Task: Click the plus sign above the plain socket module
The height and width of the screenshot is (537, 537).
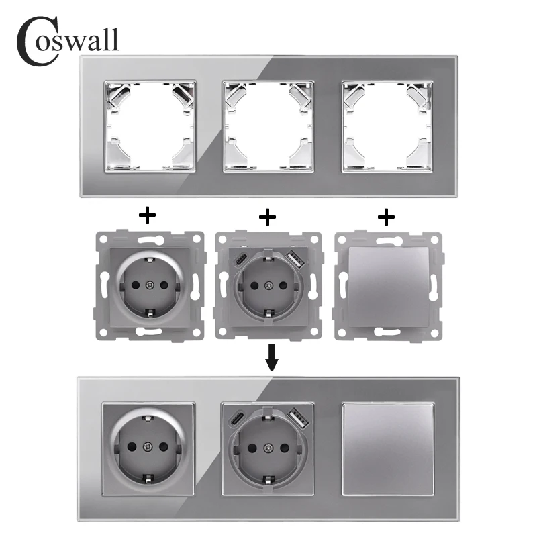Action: pos(146,216)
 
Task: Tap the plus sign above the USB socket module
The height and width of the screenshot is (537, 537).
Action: pos(267,216)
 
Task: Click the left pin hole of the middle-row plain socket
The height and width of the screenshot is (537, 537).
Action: pos(132,287)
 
